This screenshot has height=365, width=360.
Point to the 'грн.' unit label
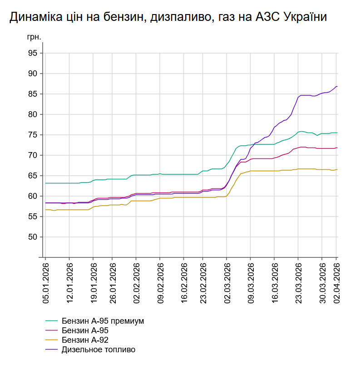34,37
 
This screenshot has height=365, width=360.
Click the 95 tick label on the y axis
32,53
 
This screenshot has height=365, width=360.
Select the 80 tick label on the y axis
32,114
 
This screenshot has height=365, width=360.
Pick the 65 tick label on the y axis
32,176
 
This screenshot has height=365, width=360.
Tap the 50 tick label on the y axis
32,237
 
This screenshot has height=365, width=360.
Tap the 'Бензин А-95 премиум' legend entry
102,321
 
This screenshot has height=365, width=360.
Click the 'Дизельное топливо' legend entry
99,350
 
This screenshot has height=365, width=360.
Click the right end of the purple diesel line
337,86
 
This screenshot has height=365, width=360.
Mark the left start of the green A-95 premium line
45,183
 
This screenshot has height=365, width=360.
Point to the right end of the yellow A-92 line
337,169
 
